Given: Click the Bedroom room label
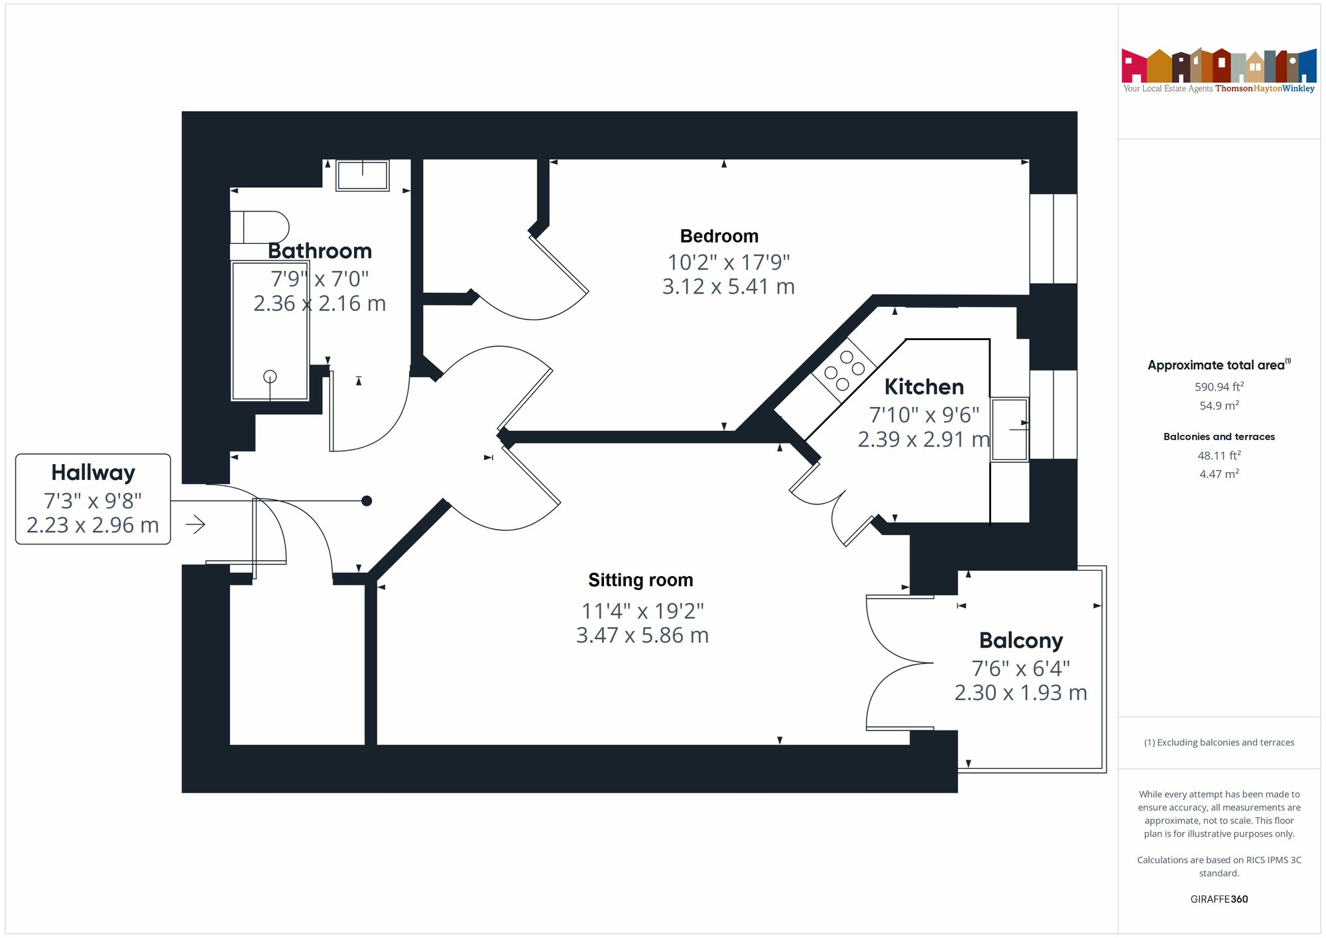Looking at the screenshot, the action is (719, 236).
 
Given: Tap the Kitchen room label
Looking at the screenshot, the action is (924, 386).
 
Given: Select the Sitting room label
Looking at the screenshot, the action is (640, 580).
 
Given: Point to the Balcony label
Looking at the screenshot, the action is (1021, 641).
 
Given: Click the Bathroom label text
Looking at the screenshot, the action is (320, 251).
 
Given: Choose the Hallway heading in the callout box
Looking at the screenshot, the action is (93, 473).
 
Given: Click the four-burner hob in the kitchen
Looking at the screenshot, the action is (844, 371).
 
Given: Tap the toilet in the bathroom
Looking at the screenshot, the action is (259, 227).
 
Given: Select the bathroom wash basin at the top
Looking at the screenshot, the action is (362, 175).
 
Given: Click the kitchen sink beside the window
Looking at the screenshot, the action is (1010, 429).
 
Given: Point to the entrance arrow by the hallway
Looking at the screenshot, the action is (196, 525).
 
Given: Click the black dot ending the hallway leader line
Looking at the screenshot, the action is (367, 501).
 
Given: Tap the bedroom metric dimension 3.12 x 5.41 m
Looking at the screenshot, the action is (729, 287).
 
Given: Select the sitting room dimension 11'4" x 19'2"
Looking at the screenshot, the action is (642, 611).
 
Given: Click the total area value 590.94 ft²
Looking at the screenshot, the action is (1219, 386).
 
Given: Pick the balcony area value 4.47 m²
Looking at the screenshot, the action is (1219, 474).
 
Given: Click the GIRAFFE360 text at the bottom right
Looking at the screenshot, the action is (1219, 900).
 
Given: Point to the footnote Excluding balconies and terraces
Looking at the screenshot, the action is (1219, 742).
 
